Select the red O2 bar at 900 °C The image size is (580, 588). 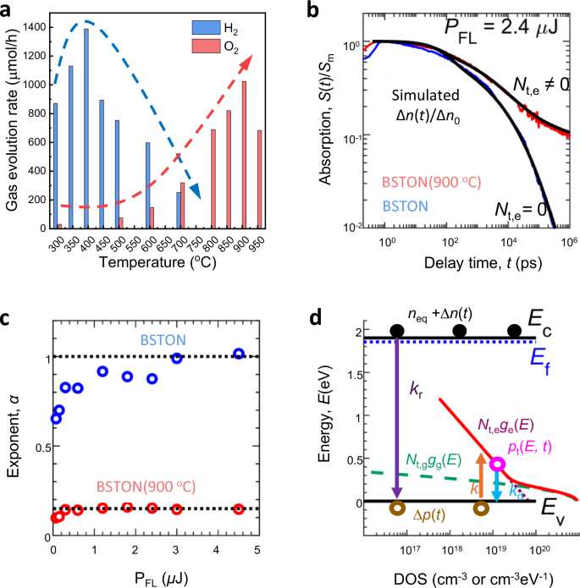coord(246,155)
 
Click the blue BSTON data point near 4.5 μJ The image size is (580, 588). coord(239,354)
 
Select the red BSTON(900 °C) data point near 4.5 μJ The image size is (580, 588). coord(239,508)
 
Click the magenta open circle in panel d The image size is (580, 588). coord(498,464)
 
